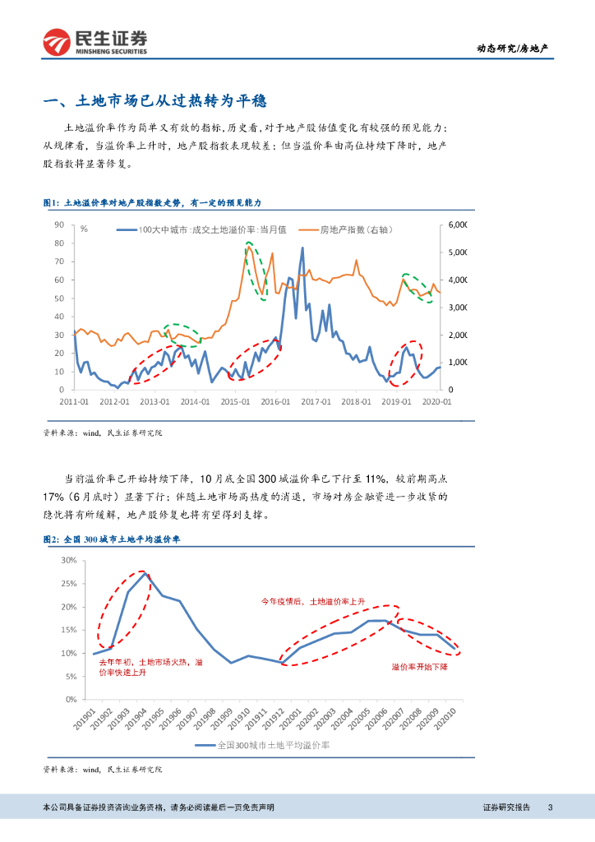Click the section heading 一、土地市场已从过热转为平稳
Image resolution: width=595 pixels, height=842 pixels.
[155, 102]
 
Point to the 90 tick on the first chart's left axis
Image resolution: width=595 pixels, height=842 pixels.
[59, 224]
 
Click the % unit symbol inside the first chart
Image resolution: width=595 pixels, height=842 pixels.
[84, 229]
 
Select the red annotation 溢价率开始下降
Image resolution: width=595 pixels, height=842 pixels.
[419, 666]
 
